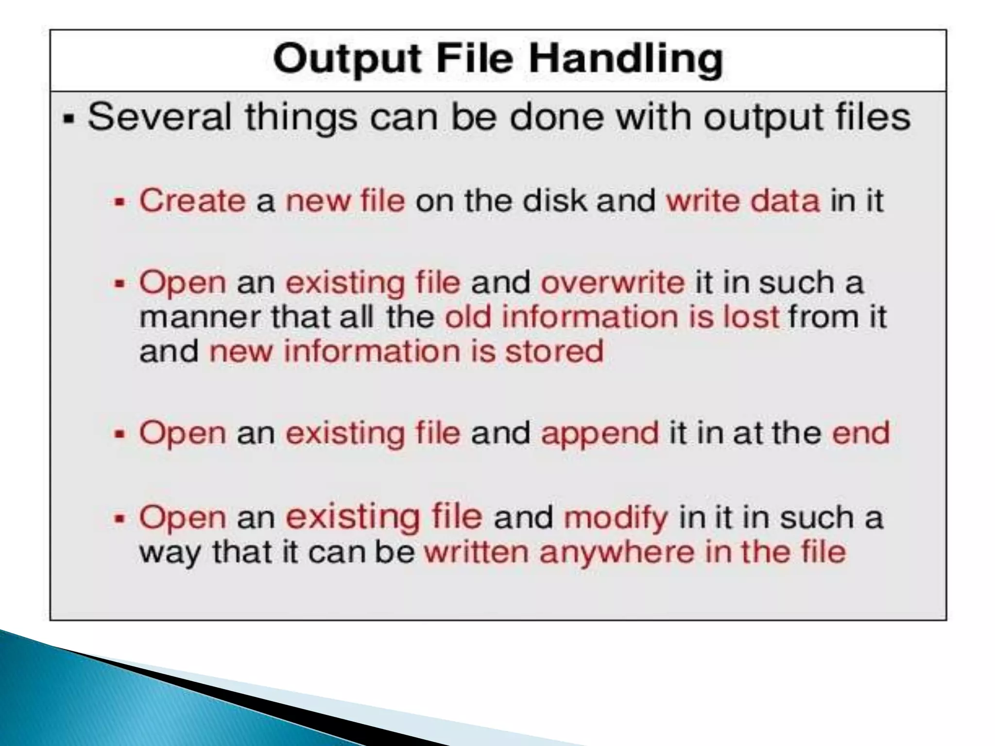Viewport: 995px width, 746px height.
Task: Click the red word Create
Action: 192,201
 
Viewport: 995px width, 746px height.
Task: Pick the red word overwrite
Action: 613,283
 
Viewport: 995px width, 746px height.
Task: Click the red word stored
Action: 554,352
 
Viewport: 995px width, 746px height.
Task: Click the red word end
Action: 860,433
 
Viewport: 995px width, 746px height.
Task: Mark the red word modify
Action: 616,518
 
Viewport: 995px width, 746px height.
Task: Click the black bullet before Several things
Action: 69,118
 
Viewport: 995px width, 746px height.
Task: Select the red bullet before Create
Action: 119,202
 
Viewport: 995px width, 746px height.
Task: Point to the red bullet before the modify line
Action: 119,519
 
